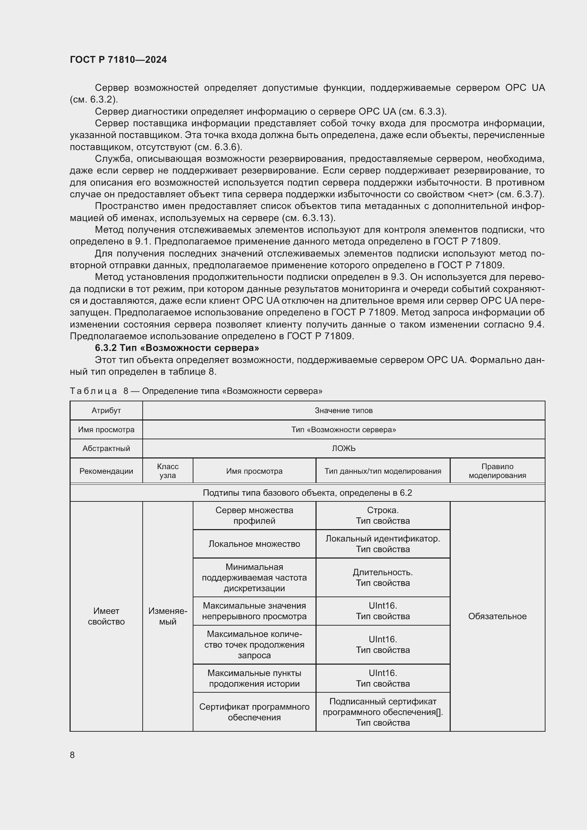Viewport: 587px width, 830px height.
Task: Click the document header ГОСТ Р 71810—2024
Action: tap(118, 60)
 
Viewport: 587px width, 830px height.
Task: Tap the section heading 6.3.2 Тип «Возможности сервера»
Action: tap(177, 348)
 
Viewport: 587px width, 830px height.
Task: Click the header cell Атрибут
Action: tap(106, 410)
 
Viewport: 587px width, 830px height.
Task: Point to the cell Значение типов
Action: tap(344, 410)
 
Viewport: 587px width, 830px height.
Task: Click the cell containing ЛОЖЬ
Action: tap(344, 448)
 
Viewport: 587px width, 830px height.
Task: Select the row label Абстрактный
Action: tap(106, 448)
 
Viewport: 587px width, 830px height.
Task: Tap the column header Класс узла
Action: tap(168, 471)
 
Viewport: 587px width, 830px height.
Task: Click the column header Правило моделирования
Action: tap(497, 471)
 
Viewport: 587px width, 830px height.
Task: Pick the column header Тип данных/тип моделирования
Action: tap(383, 471)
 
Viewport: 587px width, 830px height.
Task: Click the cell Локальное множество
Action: tap(254, 544)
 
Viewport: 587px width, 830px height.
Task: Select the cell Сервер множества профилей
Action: tap(254, 516)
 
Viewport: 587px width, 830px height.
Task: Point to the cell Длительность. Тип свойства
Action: tap(383, 577)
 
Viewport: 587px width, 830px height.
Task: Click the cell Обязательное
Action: tap(497, 616)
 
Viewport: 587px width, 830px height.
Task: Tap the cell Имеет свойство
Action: tap(106, 616)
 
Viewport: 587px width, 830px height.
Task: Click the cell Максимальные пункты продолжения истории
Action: tap(254, 678)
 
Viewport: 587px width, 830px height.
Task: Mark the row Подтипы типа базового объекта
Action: tap(307, 493)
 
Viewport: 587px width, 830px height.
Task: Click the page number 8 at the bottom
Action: tap(72, 755)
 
